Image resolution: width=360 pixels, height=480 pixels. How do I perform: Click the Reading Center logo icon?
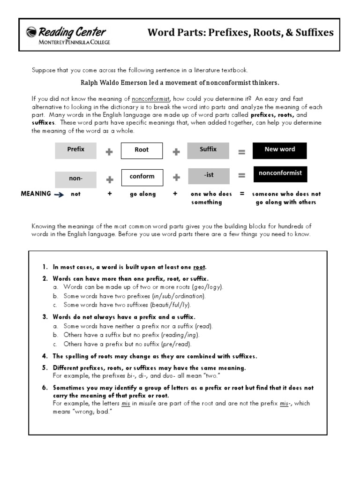click(31, 33)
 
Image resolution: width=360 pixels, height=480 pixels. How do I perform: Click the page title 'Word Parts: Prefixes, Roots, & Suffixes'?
click(240, 32)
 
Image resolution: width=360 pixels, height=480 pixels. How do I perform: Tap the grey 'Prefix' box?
click(75, 150)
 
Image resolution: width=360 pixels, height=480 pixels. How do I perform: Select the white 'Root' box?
click(142, 150)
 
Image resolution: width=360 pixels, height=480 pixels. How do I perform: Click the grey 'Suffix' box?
click(208, 150)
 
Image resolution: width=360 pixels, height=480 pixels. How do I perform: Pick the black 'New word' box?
click(280, 150)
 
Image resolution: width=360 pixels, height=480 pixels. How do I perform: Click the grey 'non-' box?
click(75, 179)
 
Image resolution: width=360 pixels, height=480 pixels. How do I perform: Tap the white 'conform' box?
click(142, 177)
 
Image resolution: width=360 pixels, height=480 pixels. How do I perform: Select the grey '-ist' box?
click(209, 176)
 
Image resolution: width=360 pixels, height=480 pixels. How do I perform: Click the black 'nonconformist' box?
click(280, 173)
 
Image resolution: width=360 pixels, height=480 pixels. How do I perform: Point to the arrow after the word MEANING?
click(59, 194)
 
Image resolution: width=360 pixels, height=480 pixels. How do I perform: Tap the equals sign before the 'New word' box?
click(241, 152)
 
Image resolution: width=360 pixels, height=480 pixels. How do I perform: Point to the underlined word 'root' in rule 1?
click(199, 267)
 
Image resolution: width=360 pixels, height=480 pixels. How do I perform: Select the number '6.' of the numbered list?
click(45, 388)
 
